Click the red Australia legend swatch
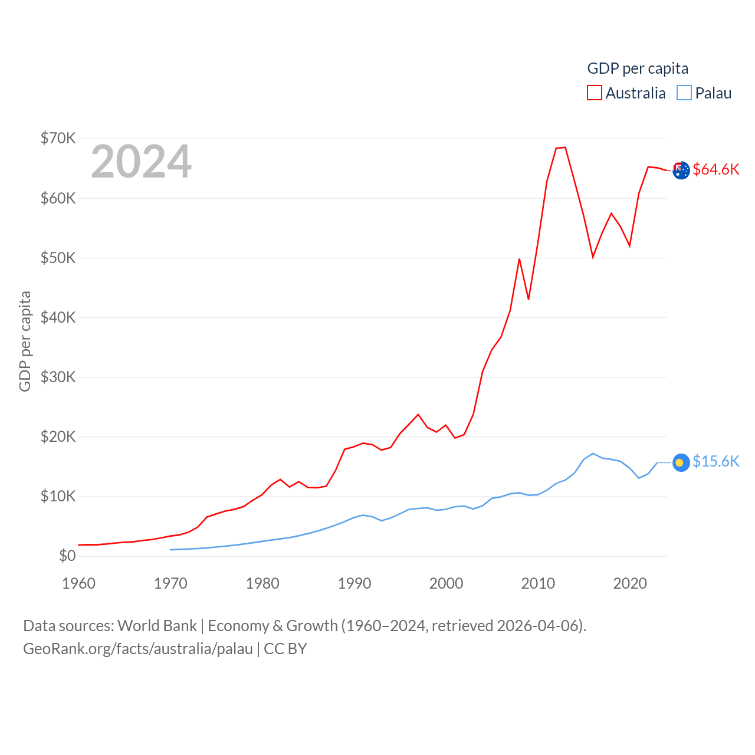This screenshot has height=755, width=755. pyautogui.click(x=595, y=93)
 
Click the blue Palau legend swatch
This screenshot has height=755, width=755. pyautogui.click(x=684, y=93)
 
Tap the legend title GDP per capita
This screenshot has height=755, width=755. pyautogui.click(x=638, y=68)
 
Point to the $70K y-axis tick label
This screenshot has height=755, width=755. pyautogui.click(x=58, y=138)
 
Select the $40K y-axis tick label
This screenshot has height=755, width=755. pyautogui.click(x=58, y=317)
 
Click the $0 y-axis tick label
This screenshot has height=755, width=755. pyautogui.click(x=67, y=556)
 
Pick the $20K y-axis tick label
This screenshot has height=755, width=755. pyautogui.click(x=58, y=436)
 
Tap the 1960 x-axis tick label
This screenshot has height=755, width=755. pyautogui.click(x=78, y=583)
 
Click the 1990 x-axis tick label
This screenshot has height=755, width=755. pyautogui.click(x=354, y=583)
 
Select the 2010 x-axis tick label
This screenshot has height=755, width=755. pyautogui.click(x=538, y=583)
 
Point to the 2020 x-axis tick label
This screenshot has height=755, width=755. pyautogui.click(x=630, y=583)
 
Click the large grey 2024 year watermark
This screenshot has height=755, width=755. pyautogui.click(x=141, y=161)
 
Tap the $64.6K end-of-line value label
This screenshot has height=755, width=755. pyautogui.click(x=715, y=169)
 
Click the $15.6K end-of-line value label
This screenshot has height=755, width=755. pyautogui.click(x=715, y=461)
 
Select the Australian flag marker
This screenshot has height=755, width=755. pyautogui.click(x=681, y=170)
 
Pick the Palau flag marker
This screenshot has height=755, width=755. pyautogui.click(x=681, y=462)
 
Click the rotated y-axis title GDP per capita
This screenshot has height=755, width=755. pyautogui.click(x=25, y=341)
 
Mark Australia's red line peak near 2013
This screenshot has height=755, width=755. pyautogui.click(x=565, y=147)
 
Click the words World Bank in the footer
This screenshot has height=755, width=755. pyautogui.click(x=157, y=625)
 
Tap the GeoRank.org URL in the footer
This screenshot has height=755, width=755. pyautogui.click(x=138, y=649)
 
